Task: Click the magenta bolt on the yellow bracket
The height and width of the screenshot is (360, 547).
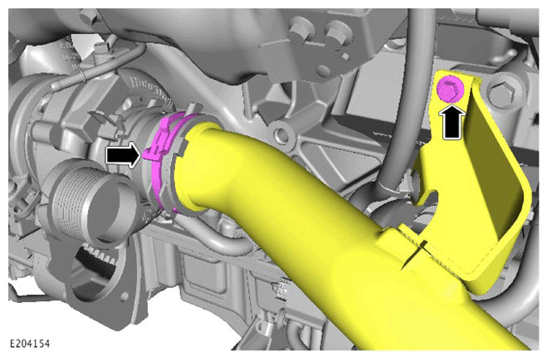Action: pos(450,89)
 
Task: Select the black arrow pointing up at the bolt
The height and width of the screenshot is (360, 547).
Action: pos(454,122)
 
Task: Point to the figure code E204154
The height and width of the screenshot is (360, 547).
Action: pos(30,344)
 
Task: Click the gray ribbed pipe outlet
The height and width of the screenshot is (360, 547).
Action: pos(91,205)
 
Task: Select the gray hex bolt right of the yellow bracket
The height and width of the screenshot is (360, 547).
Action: pos(502,92)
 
